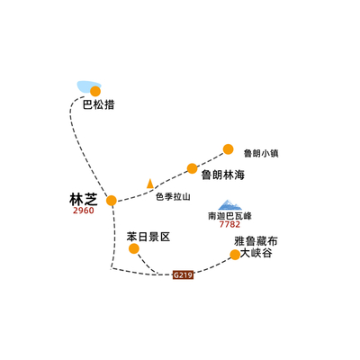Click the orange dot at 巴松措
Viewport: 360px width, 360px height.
pos(95,91)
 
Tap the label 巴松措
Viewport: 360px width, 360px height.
pos(99,105)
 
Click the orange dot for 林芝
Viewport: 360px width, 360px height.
pos(112,201)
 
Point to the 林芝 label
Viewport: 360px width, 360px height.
pos(84,199)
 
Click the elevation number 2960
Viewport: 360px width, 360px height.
pos(84,211)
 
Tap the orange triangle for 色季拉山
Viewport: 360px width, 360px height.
pos(150,184)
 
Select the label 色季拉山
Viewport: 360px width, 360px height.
pos(173,197)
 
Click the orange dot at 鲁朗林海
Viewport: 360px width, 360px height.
pos(193,168)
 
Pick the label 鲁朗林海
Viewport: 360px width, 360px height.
pos(223,175)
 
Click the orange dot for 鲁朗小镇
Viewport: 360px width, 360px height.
pos(229,149)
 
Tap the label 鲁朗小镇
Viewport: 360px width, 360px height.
pos(261,154)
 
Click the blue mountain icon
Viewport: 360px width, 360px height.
pos(229,205)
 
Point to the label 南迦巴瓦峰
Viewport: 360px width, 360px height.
pos(229,216)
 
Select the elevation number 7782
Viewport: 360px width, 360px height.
pos(229,224)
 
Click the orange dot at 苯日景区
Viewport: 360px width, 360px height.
pos(134,248)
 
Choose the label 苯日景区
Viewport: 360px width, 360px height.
pos(148,237)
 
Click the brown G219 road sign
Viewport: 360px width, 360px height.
pos(183,274)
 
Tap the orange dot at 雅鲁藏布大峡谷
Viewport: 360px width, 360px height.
pos(235,255)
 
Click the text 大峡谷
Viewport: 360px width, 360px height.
pos(256,253)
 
